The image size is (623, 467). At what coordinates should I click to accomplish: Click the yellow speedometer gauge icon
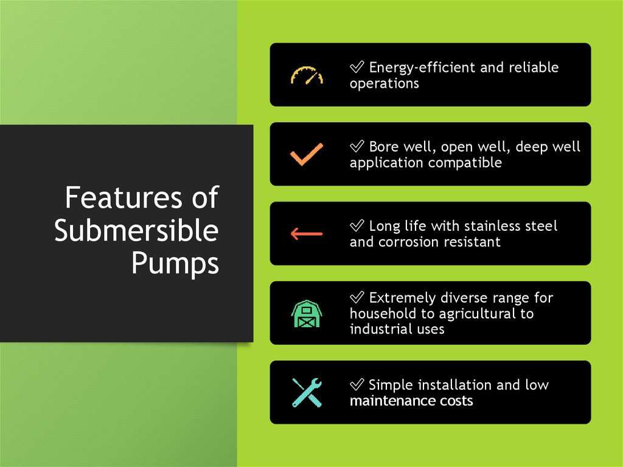[x=307, y=75]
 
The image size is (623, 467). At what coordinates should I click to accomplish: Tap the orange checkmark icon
[x=307, y=154]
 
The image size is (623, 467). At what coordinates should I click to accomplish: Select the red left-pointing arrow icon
[x=307, y=234]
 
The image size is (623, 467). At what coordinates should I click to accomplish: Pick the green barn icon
[x=307, y=314]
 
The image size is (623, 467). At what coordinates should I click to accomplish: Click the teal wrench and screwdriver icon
[x=307, y=393]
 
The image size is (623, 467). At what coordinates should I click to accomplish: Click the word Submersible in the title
[x=136, y=231]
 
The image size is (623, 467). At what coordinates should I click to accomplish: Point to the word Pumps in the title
[x=175, y=264]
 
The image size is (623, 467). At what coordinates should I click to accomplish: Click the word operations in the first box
[x=384, y=84]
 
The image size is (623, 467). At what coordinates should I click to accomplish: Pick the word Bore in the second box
[x=383, y=147]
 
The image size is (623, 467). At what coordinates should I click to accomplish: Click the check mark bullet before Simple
[x=357, y=385]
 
